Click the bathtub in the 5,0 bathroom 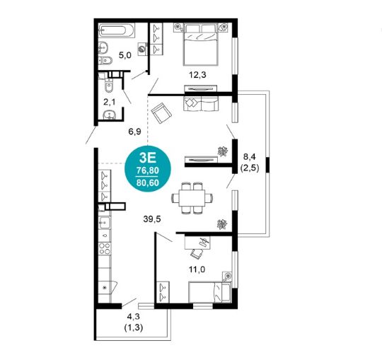pyautogui.click(x=117, y=30)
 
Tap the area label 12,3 pyautogui.click(x=197, y=75)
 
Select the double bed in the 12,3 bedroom pyautogui.click(x=200, y=45)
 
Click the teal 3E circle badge pyautogui.click(x=148, y=168)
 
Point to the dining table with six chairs pyautogui.click(x=192, y=198)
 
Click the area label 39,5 pyautogui.click(x=152, y=219)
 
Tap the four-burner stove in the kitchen pyautogui.click(x=105, y=248)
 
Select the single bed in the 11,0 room pyautogui.click(x=210, y=292)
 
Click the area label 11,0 pyautogui.click(x=197, y=269)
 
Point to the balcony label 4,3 pyautogui.click(x=133, y=317)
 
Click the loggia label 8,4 pyautogui.click(x=250, y=157)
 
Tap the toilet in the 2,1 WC pyautogui.click(x=109, y=86)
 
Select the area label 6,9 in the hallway pyautogui.click(x=134, y=132)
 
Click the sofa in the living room pyautogui.click(x=201, y=103)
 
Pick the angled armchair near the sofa pyautogui.click(x=161, y=112)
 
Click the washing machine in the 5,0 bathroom pyautogui.click(x=142, y=49)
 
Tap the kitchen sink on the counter pyautogui.click(x=105, y=222)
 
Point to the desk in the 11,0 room pyautogui.click(x=197, y=243)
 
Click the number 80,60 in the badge pyautogui.click(x=148, y=182)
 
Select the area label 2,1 pyautogui.click(x=110, y=102)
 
